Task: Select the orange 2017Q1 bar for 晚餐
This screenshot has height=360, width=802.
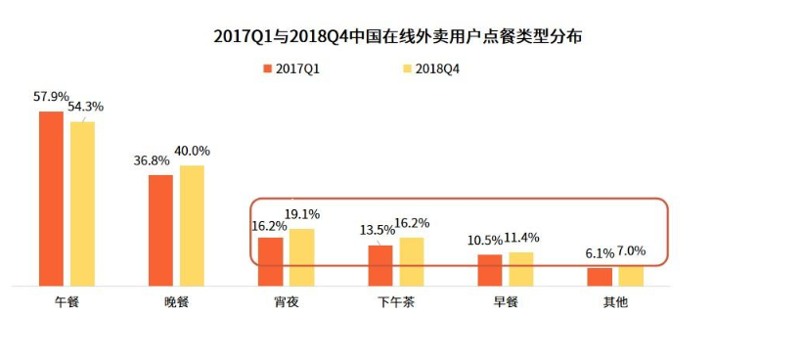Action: click(x=160, y=231)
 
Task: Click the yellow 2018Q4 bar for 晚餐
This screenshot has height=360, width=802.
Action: click(x=192, y=226)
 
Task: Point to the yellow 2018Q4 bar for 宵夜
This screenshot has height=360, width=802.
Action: click(x=301, y=257)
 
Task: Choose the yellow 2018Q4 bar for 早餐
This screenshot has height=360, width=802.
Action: click(x=521, y=269)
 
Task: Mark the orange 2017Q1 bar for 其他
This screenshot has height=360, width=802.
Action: click(x=600, y=277)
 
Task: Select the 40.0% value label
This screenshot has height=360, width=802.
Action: click(x=192, y=152)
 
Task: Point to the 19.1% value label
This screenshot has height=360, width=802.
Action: click(x=301, y=214)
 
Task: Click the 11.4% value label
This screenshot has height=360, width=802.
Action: click(x=521, y=238)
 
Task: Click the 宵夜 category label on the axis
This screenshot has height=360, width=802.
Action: click(x=287, y=302)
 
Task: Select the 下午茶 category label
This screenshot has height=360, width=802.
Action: click(x=396, y=302)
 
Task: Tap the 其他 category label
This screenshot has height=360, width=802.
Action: click(x=615, y=302)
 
